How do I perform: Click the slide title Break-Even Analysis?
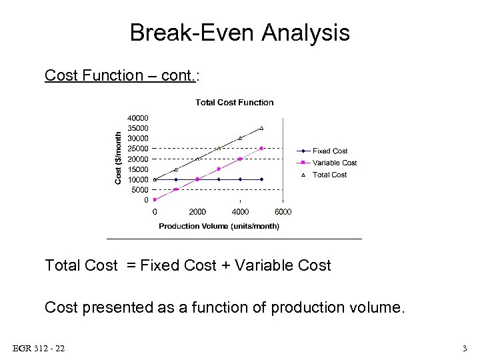tap(239, 33)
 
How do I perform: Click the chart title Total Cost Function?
tap(234, 102)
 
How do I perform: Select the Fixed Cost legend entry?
tap(330, 151)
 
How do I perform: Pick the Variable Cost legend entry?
tap(335, 163)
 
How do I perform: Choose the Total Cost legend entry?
tap(329, 175)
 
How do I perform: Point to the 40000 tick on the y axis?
tap(138, 118)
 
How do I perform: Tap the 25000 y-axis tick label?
tap(138, 149)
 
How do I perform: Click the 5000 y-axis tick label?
tap(140, 190)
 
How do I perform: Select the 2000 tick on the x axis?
tap(197, 212)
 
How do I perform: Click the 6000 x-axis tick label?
tap(283, 212)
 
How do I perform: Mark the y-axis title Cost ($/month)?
tap(119, 158)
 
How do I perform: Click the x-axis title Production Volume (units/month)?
tap(219, 226)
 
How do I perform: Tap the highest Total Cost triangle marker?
tap(261, 128)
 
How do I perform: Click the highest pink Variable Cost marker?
tap(261, 149)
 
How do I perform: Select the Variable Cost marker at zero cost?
tap(155, 199)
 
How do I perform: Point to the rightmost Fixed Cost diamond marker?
tap(261, 179)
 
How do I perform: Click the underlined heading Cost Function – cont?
tap(121, 75)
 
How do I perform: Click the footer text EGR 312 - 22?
tap(38, 349)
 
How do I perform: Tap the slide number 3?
tap(465, 349)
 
